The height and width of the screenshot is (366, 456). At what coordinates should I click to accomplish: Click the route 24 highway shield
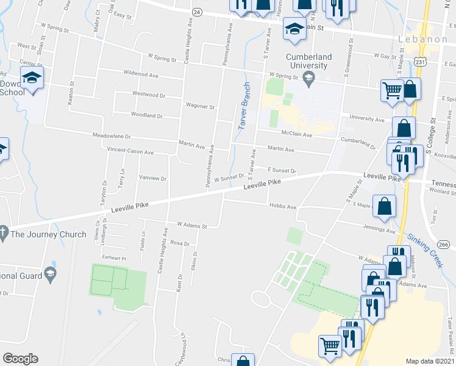tap(196, 12)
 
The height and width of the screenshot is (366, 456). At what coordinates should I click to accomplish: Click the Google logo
tap(20, 359)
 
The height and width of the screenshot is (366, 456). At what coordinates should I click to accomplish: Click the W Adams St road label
tap(193, 225)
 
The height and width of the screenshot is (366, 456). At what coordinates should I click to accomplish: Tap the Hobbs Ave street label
tap(282, 207)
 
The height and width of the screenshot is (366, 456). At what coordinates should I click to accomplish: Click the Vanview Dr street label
tap(153, 178)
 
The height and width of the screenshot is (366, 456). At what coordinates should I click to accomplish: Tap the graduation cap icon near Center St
tap(32, 77)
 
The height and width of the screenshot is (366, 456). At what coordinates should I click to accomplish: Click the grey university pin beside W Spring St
tap(309, 77)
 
